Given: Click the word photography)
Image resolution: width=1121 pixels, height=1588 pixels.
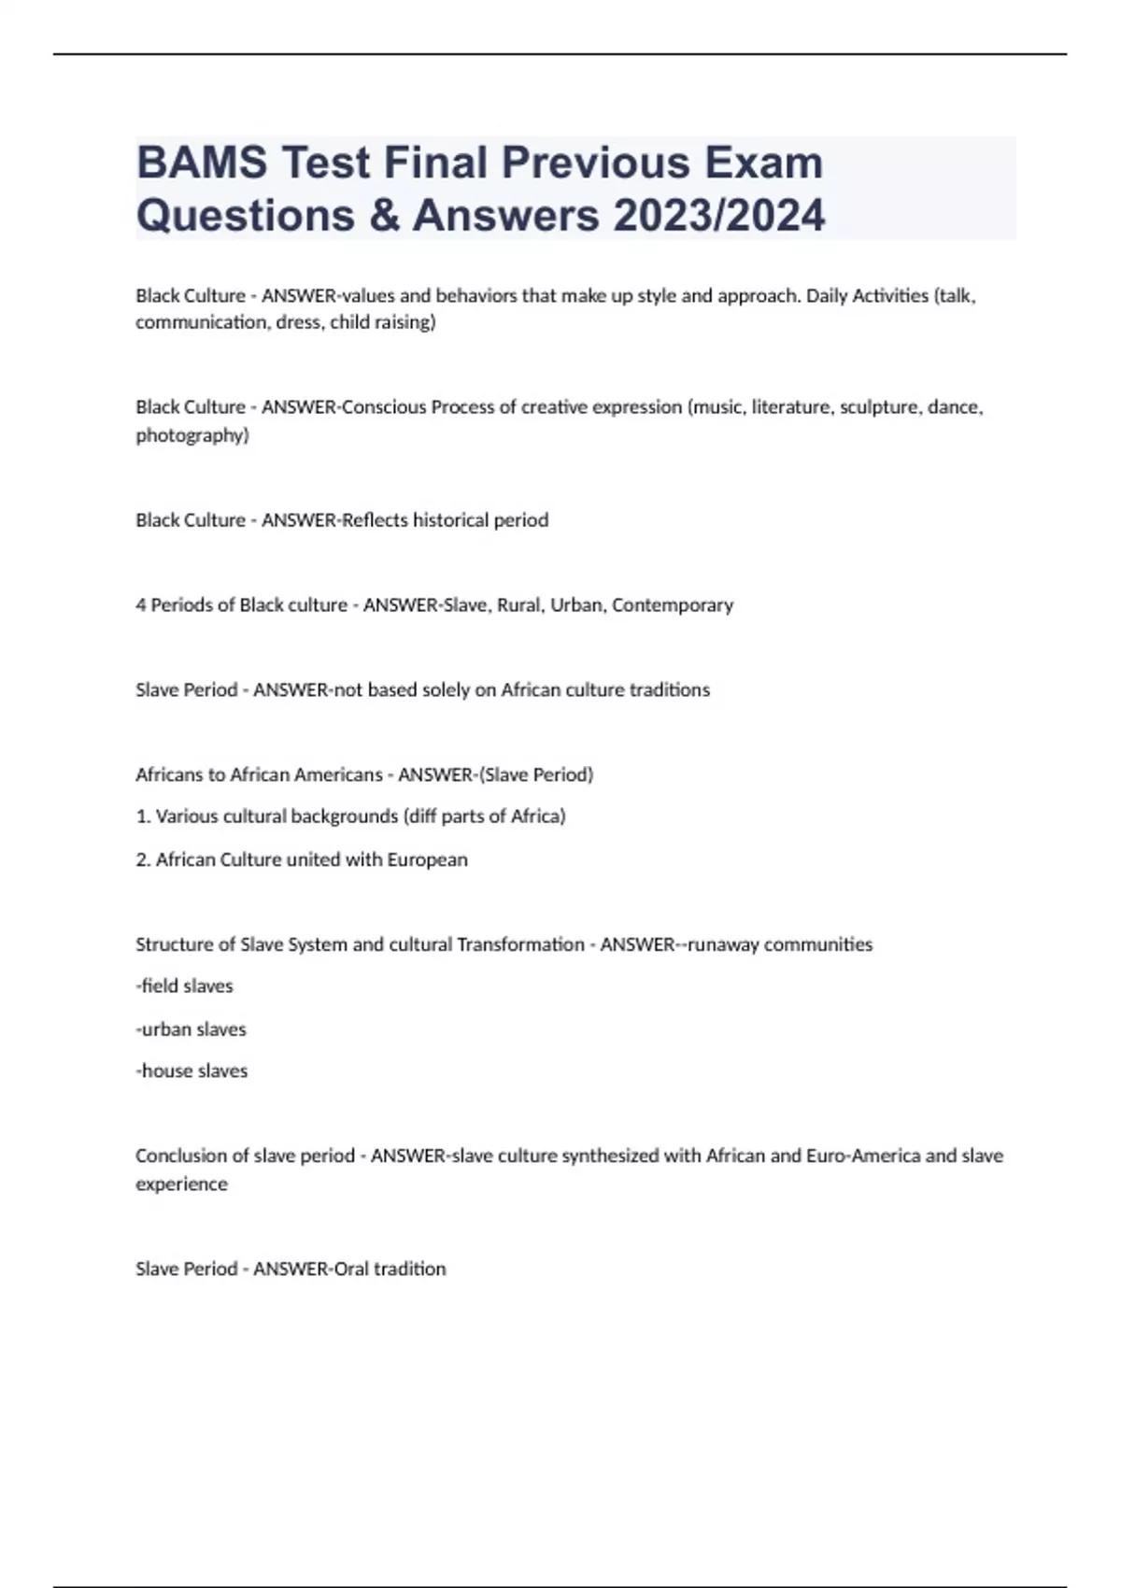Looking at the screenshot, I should (192, 435).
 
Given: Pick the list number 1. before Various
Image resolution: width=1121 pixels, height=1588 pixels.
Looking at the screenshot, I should (144, 816).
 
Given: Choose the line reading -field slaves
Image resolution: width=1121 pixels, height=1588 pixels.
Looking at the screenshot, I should (185, 986).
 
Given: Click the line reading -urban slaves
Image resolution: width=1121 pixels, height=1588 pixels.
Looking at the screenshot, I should (192, 1029).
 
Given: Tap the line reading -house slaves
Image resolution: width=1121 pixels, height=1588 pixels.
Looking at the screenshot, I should (192, 1071).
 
